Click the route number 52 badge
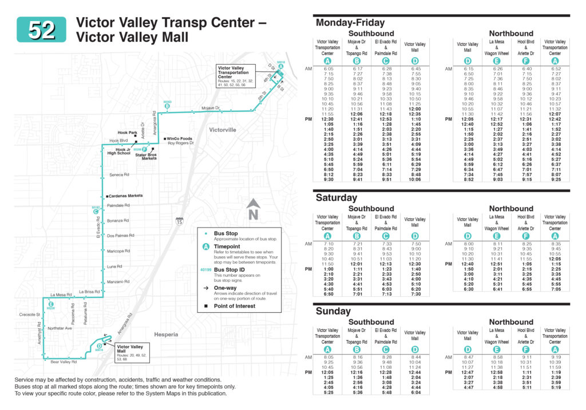click(x=41, y=30)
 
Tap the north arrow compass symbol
click(x=254, y=208)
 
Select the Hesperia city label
click(x=166, y=334)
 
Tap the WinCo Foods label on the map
click(x=179, y=139)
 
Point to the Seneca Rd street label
click(x=119, y=175)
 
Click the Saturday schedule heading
click(x=336, y=197)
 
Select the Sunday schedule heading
click(x=333, y=311)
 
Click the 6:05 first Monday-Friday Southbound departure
click(x=328, y=69)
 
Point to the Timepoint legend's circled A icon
click(x=205, y=247)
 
